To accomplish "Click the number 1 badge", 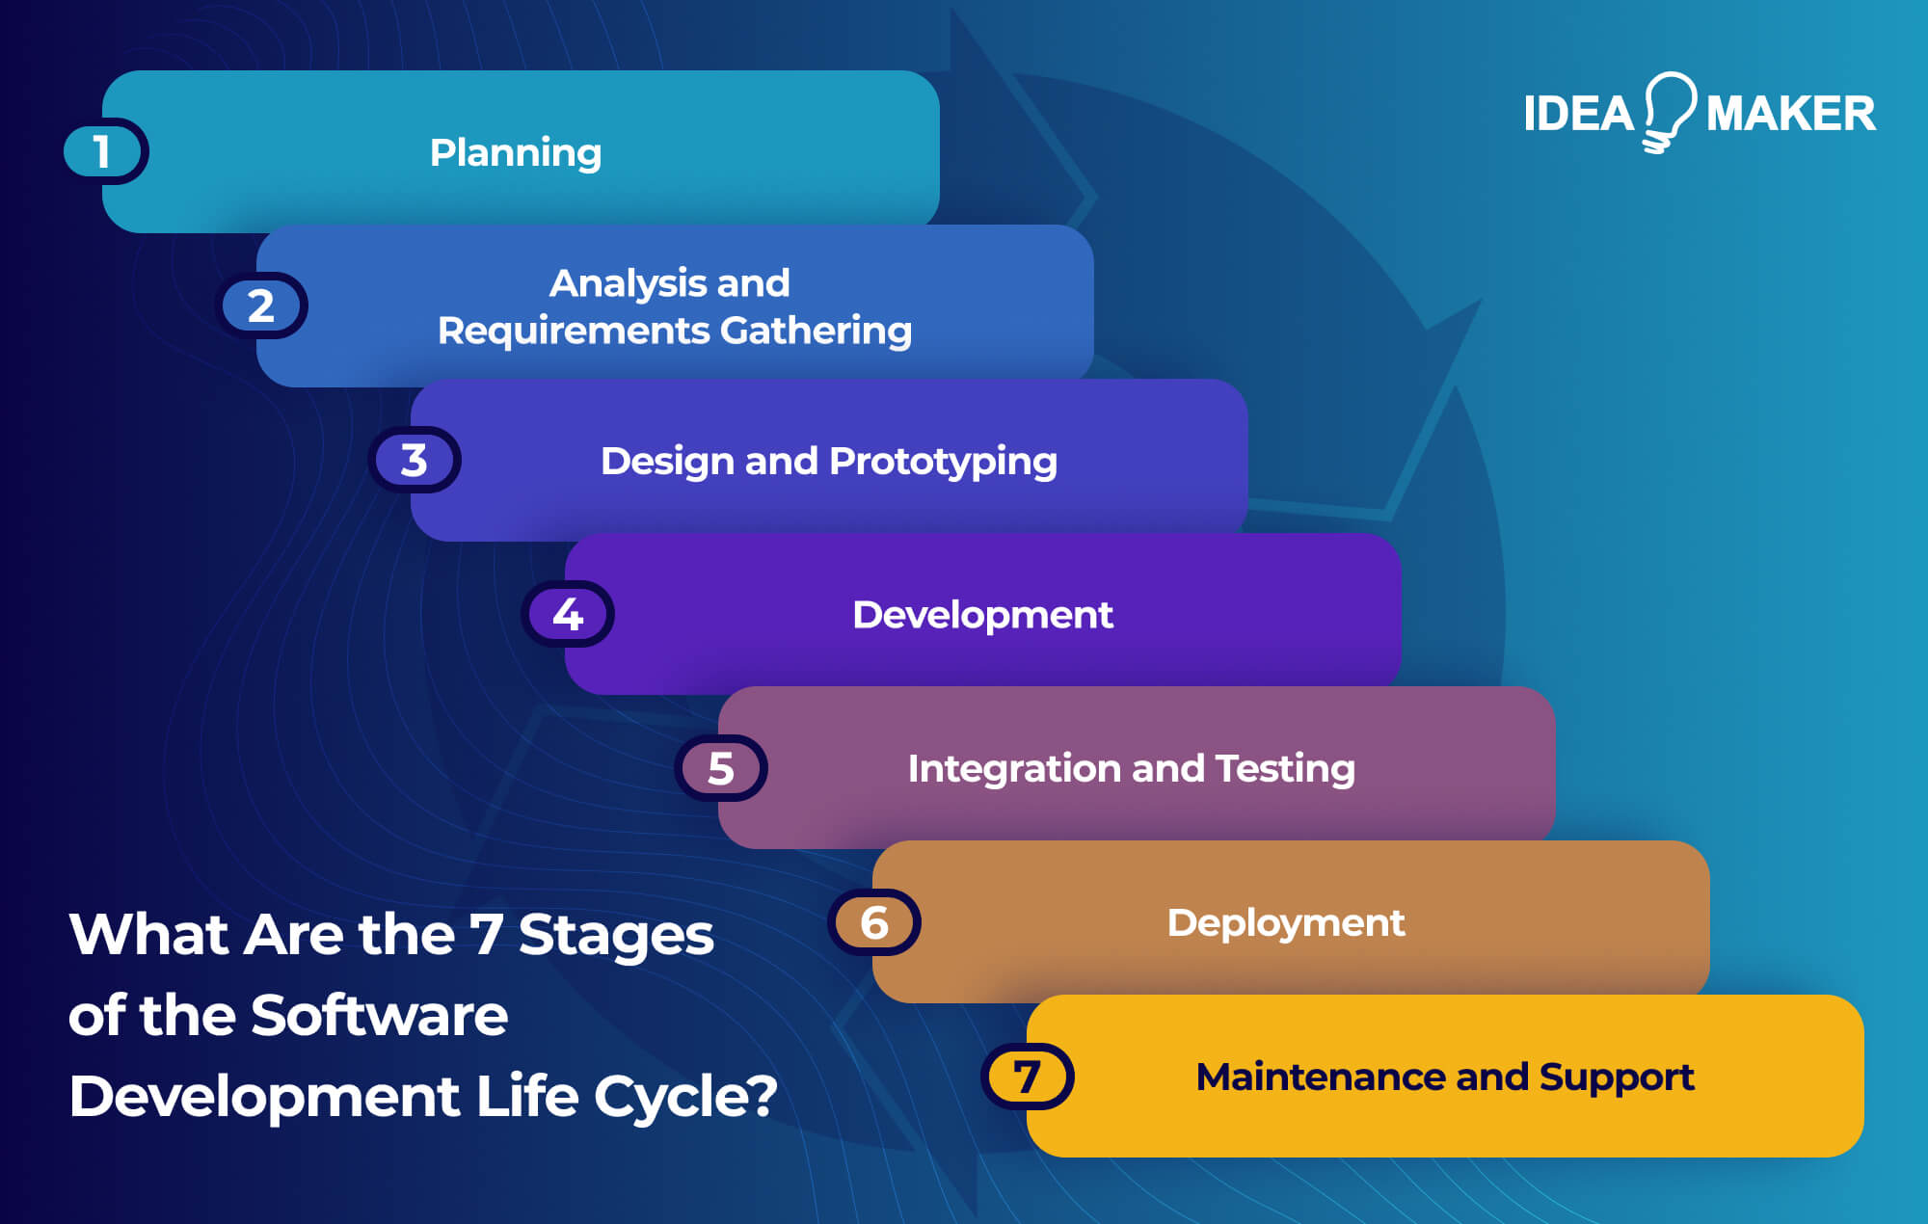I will (x=103, y=151).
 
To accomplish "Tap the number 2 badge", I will (x=261, y=306).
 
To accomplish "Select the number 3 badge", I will (x=415, y=460).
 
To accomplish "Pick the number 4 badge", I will (x=568, y=614).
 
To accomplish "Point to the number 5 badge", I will (x=721, y=768).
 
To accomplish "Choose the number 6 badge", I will (x=874, y=922).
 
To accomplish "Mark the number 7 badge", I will (x=1028, y=1077).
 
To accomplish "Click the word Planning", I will (x=516, y=152).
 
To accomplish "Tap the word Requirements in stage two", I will (x=574, y=331).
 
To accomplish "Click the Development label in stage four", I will (x=982, y=615).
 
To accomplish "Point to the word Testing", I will (x=1285, y=769).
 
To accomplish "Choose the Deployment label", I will (x=1285, y=923).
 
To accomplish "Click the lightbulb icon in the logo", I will (x=1670, y=109).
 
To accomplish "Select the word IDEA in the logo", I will (x=1579, y=114).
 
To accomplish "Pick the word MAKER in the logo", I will (x=1790, y=114).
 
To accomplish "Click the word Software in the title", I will (x=379, y=1015).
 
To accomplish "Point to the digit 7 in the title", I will (x=485, y=934).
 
